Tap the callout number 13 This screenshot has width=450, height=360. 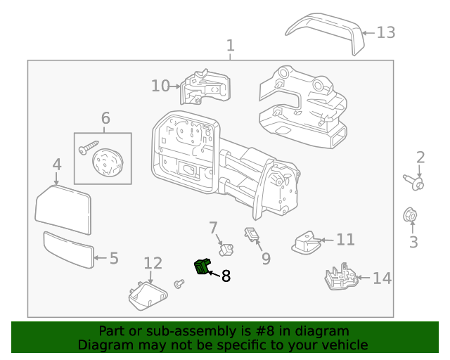pos(386,32)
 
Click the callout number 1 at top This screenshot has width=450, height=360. pos(231,46)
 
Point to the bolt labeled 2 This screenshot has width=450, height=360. pos(415,183)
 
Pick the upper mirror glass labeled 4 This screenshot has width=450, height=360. pos(63,210)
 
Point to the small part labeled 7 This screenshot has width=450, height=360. pos(226,248)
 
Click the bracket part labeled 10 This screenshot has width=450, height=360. pos(204,87)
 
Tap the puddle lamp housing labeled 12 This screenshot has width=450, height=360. pos(146,293)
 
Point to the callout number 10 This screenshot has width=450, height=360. pos(160,86)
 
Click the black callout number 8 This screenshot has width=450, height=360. pos(226,276)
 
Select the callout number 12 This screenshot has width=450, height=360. pos(153,263)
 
